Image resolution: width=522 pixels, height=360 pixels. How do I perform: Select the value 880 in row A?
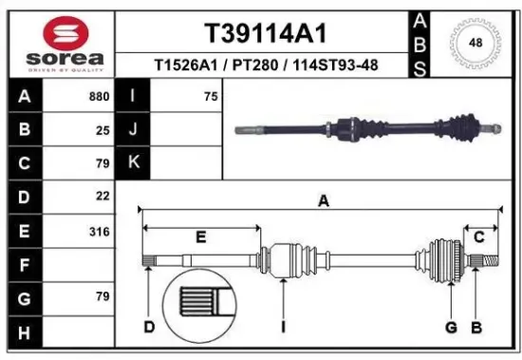[98, 96]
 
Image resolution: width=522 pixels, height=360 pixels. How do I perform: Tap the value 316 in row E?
[98, 231]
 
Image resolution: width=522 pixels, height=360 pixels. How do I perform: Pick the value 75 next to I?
[210, 96]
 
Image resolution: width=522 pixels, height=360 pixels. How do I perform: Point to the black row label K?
[134, 162]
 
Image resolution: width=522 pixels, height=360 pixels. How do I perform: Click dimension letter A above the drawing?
[323, 201]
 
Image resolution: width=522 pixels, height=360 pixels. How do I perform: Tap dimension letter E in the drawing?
[200, 235]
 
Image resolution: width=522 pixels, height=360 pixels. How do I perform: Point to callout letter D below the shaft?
[149, 328]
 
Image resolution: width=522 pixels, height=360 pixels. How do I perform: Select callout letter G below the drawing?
[451, 328]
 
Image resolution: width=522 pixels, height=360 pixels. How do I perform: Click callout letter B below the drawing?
[477, 328]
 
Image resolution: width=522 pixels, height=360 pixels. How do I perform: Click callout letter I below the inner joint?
[283, 328]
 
